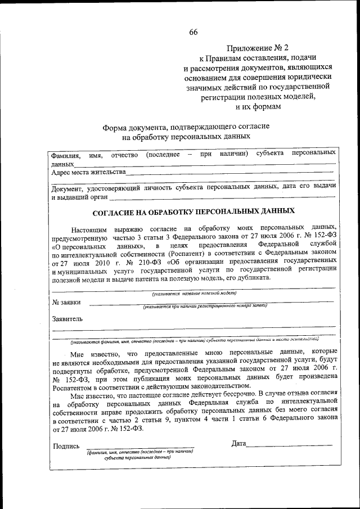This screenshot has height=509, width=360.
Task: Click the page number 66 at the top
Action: [193, 31]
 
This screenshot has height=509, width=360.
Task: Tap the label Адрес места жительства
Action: [88, 172]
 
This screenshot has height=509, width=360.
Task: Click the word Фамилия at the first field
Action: [65, 155]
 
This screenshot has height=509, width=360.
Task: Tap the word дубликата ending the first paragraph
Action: [254, 278]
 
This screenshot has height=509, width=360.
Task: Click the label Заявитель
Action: [67, 319]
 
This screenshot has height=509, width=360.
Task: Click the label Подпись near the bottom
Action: [66, 446]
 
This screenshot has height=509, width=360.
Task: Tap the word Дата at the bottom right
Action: [238, 444]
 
